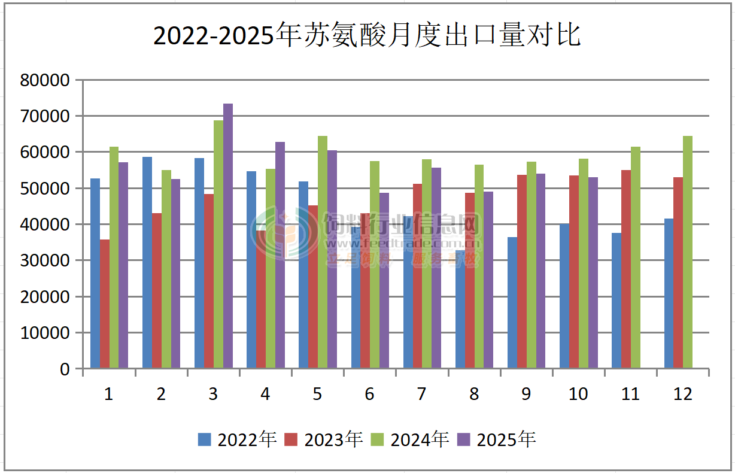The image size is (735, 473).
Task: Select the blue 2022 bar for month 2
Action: click(147, 262)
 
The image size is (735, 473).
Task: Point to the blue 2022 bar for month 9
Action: click(512, 302)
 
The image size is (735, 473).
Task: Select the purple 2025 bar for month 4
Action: click(280, 254)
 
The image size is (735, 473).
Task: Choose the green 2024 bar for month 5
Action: click(323, 251)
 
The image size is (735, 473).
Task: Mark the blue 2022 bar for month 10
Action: click(564, 296)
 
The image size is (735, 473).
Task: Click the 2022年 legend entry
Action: click(238, 440)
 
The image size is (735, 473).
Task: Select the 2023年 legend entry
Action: click(324, 440)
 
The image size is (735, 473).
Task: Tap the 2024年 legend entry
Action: click(410, 440)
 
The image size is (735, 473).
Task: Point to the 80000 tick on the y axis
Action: click(45, 80)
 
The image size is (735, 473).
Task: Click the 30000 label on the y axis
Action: click(45, 261)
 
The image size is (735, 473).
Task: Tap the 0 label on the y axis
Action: click(65, 369)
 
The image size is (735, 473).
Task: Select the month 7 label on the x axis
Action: click(422, 394)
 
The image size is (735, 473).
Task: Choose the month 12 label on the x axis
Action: click(682, 394)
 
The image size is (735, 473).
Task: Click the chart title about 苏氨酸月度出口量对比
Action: click(367, 36)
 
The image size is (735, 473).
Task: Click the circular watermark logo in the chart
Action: click(284, 234)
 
